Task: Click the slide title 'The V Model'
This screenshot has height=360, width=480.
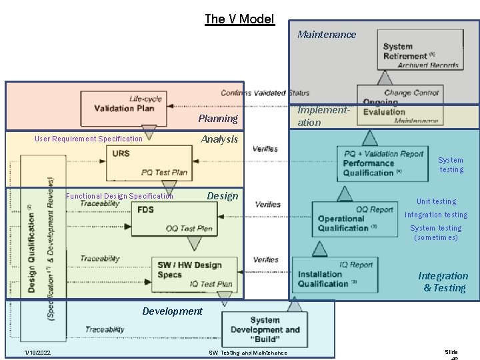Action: [239, 19]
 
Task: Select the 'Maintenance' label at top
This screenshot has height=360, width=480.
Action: [327, 35]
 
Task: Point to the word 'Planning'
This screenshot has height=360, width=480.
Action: [217, 119]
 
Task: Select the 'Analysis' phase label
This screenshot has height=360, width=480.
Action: [219, 139]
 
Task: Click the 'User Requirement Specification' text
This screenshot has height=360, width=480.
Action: [89, 139]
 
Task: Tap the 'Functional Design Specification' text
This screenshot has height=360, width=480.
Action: [119, 196]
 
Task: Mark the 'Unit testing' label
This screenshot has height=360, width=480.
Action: [436, 201]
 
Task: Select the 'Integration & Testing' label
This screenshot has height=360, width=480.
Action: [443, 282]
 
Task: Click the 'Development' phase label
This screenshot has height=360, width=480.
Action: [172, 311]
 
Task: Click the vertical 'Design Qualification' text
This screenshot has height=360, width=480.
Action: [31, 247]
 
